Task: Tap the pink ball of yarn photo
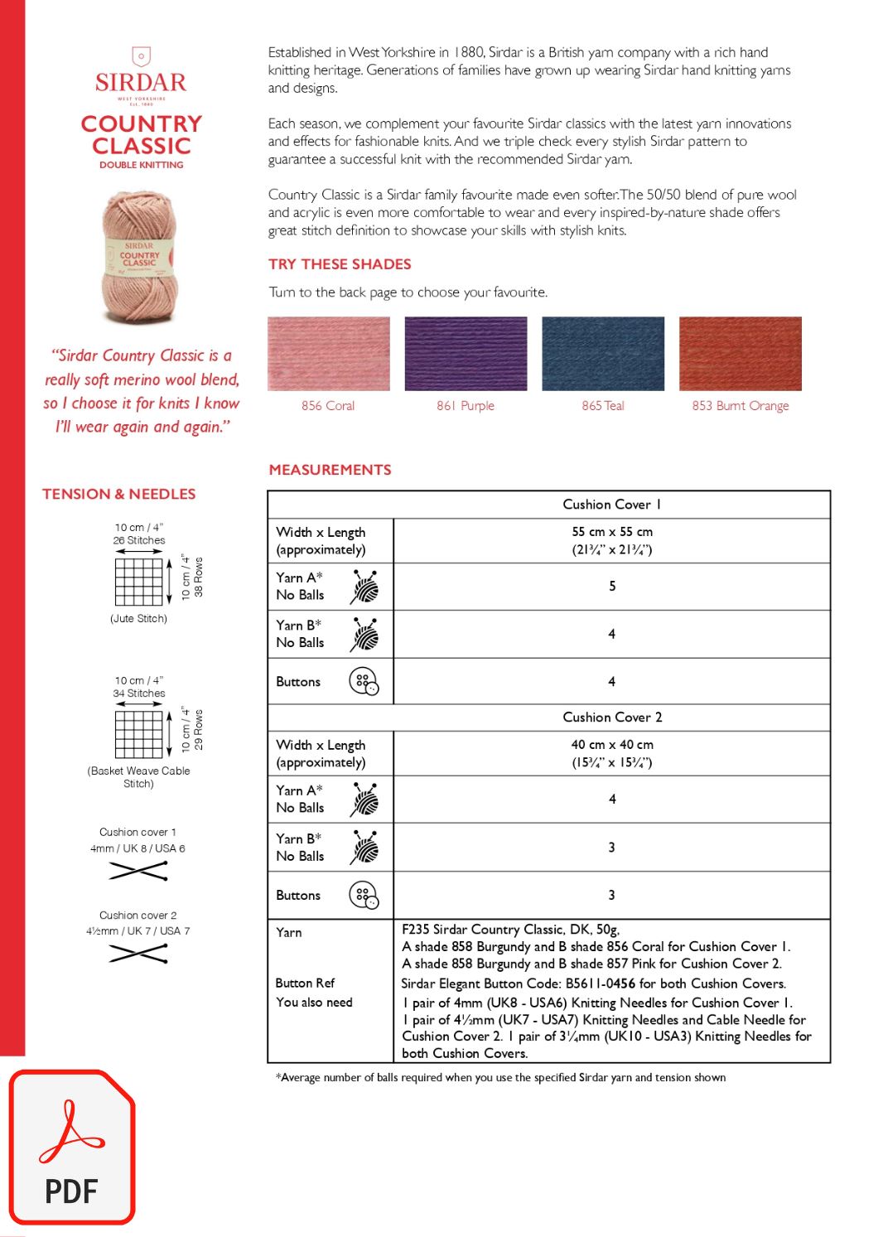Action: tap(140, 258)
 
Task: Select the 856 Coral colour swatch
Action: tap(328, 353)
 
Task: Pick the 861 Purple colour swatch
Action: tap(466, 353)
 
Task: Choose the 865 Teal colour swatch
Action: tap(603, 353)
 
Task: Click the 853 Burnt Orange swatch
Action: tap(741, 353)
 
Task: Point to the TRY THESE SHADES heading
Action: tap(340, 264)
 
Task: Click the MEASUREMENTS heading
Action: tap(330, 470)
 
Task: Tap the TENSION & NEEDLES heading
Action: tap(119, 494)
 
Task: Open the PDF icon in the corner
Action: tap(72, 1147)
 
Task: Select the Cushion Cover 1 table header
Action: tap(611, 505)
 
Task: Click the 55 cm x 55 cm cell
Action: tap(611, 540)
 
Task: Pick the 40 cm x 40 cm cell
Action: tap(611, 753)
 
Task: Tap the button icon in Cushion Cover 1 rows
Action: tap(364, 682)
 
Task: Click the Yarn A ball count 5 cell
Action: tap(611, 587)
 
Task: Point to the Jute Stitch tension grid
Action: tap(138, 582)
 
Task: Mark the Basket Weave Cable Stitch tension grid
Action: tap(138, 734)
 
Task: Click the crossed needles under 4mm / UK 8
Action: tap(138, 871)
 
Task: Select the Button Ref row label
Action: tap(305, 983)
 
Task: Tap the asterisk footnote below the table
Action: tap(500, 1078)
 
